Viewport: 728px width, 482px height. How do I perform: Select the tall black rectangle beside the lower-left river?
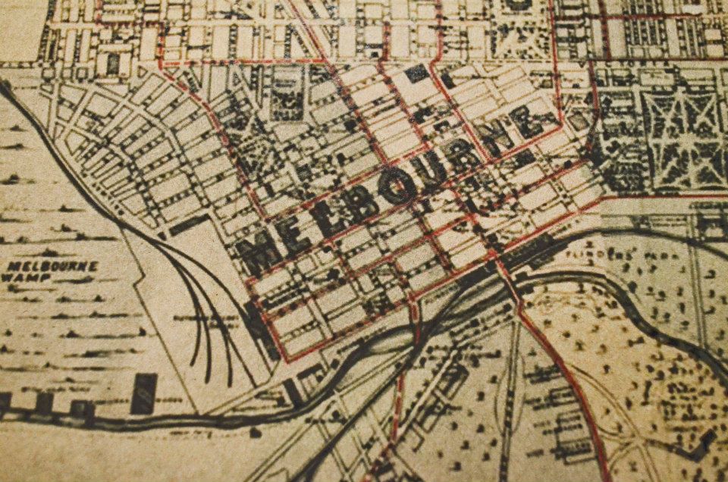(x=143, y=393)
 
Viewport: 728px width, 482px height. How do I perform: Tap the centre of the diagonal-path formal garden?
(x=682, y=129)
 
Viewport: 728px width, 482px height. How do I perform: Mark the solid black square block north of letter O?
(x=416, y=74)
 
